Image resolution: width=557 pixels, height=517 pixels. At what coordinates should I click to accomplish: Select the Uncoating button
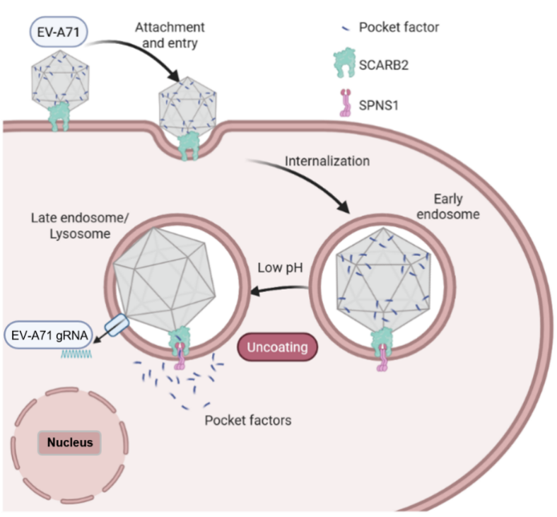pos(277,348)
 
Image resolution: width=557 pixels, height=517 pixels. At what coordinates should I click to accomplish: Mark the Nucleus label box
pos(70,443)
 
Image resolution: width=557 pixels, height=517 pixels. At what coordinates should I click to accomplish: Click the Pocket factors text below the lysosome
pos(247,420)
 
